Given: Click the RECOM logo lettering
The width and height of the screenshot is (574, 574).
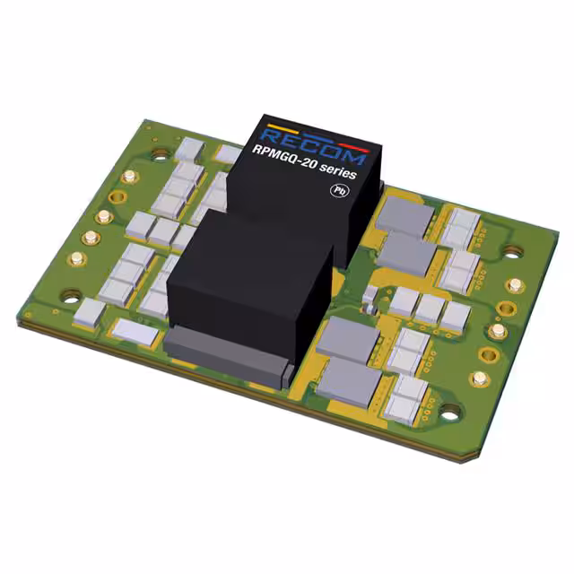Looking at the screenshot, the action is tap(313, 145).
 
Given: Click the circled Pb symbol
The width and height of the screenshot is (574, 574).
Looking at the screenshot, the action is tap(339, 191).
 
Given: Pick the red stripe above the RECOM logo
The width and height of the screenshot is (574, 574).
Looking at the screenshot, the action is tap(354, 147).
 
